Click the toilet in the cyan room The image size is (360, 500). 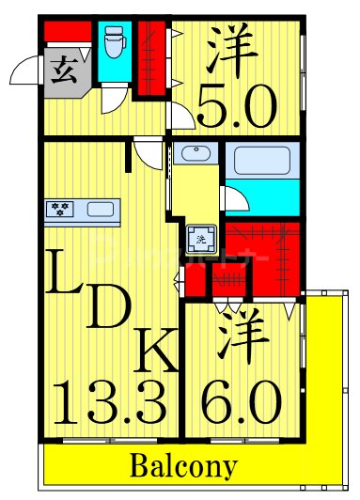coord(115,39)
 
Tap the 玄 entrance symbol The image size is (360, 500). coord(64,69)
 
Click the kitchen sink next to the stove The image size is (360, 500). coord(98,209)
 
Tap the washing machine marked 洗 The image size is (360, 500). coord(200,241)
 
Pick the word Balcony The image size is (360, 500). coord(182,466)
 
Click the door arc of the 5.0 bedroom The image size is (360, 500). coord(180,115)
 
